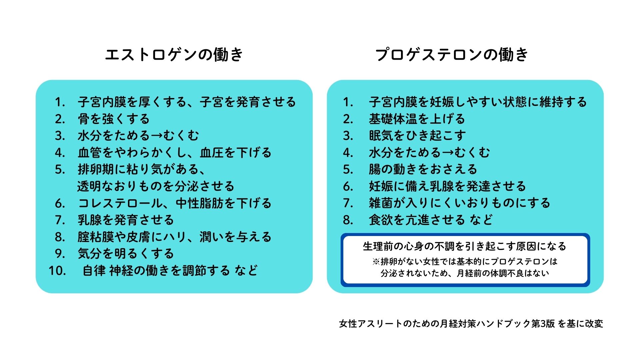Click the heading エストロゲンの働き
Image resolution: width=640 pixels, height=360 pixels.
click(174, 55)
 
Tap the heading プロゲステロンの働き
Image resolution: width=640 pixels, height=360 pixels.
click(452, 55)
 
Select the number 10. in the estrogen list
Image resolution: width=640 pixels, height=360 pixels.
click(57, 271)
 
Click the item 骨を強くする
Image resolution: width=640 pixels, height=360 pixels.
click(114, 119)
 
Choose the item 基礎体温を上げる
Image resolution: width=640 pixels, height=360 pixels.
click(417, 119)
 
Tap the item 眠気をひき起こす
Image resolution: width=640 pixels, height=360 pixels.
click(417, 136)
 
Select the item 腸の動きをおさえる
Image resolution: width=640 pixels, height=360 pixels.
click(423, 169)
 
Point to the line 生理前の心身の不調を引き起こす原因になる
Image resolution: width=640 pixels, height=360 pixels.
click(465, 246)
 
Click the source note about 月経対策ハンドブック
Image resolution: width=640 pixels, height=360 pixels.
click(471, 324)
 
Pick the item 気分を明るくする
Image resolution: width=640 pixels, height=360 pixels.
click(126, 254)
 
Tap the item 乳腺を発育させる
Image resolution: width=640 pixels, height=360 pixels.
click(126, 220)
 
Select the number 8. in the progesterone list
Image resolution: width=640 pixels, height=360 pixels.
click(348, 220)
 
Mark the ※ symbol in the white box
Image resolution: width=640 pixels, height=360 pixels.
click(376, 262)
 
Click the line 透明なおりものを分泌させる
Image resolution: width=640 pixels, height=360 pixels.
click(156, 186)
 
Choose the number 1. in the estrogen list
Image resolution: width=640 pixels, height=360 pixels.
click(60, 102)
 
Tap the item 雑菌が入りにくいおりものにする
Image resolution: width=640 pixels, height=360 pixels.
click(459, 203)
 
